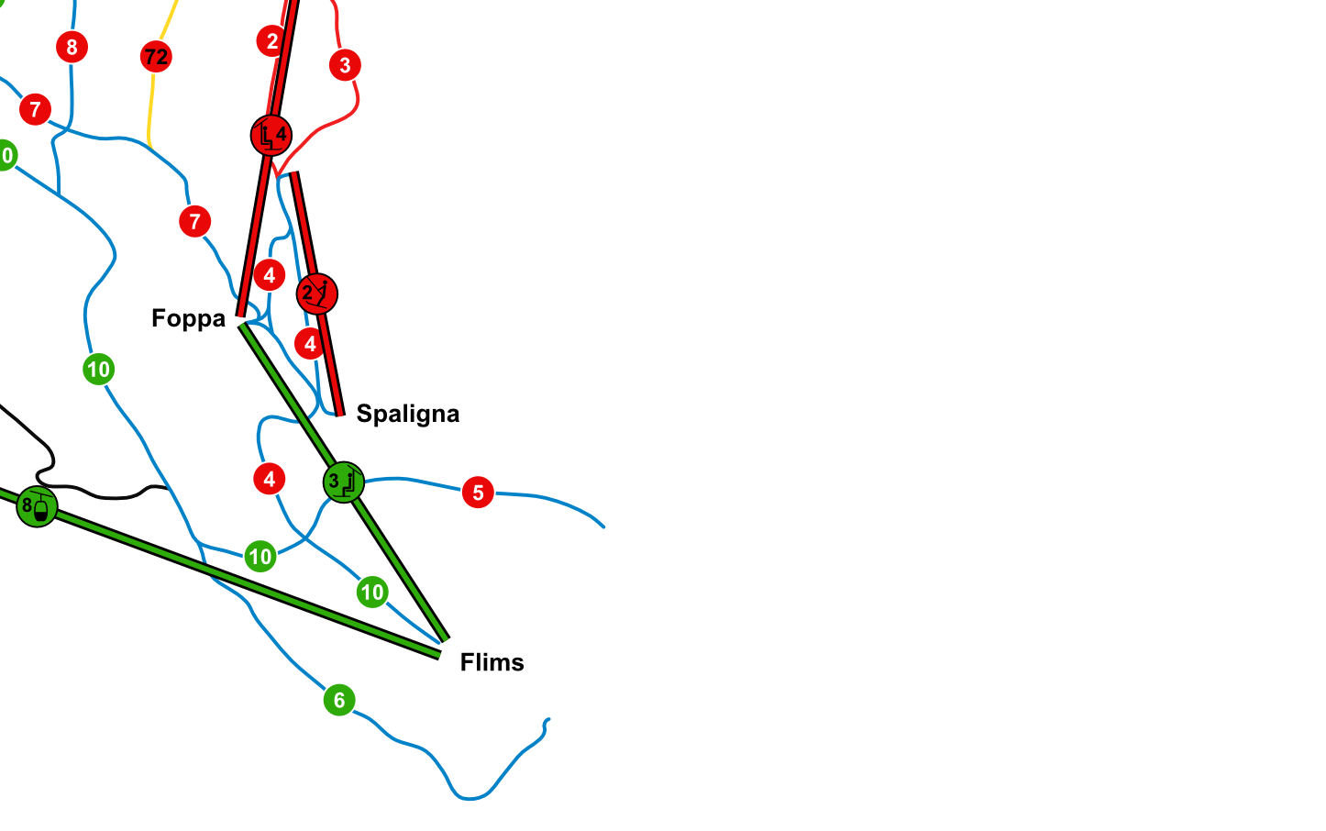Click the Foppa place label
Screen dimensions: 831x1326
click(x=188, y=318)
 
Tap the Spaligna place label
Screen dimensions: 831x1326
click(x=407, y=414)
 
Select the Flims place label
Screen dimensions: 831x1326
click(x=492, y=662)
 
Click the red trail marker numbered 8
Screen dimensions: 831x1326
click(x=72, y=47)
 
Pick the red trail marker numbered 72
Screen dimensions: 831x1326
click(x=156, y=57)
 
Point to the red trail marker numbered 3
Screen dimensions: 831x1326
click(x=345, y=65)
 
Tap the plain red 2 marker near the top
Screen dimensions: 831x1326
click(x=271, y=41)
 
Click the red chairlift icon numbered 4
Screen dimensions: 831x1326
click(x=271, y=136)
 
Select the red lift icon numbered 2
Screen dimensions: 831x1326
click(x=316, y=294)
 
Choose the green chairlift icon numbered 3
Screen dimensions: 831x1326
click(x=343, y=482)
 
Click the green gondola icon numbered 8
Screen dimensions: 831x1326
click(x=37, y=506)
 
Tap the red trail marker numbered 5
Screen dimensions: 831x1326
click(x=478, y=493)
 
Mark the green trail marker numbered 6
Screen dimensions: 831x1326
click(x=339, y=701)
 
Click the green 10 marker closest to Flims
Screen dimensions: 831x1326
click(x=372, y=592)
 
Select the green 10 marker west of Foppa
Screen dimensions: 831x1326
click(x=98, y=370)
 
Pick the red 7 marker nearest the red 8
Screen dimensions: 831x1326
click(x=35, y=110)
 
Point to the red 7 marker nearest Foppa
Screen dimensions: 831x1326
click(x=194, y=221)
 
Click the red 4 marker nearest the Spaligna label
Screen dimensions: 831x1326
click(x=310, y=344)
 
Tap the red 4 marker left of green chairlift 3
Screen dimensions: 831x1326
click(x=269, y=479)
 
